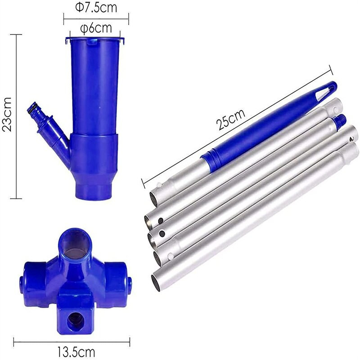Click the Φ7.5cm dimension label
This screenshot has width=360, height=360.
pyautogui.click(x=96, y=7)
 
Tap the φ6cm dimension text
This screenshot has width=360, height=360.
pyautogui.click(x=96, y=28)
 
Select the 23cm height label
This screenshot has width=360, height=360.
pyautogui.click(x=6, y=114)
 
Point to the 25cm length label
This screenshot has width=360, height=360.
pyautogui.click(x=231, y=119)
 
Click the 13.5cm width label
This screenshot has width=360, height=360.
pyautogui.click(x=76, y=352)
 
